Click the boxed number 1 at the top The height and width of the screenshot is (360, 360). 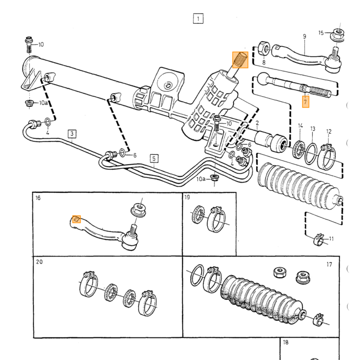point(198,19)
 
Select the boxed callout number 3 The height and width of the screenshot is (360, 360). point(72,134)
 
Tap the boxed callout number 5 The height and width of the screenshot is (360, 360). point(154,158)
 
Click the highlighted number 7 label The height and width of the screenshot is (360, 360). point(305,102)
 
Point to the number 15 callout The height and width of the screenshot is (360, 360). point(321,33)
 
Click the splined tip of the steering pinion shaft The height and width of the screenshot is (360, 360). point(240,60)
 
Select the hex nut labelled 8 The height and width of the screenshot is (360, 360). point(264,48)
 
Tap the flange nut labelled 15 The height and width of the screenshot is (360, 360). point(337,35)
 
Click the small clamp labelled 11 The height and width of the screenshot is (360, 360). point(318,239)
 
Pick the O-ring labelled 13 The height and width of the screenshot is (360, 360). point(311,154)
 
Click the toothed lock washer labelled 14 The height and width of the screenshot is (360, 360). point(299,150)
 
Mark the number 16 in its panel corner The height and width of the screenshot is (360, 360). point(38,198)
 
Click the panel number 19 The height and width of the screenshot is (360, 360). point(187,197)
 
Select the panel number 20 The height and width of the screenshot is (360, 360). point(39,262)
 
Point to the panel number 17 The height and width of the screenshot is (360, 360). point(329,264)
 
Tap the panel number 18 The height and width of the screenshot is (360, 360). point(285,343)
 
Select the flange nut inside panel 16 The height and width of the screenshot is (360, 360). point(139,210)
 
